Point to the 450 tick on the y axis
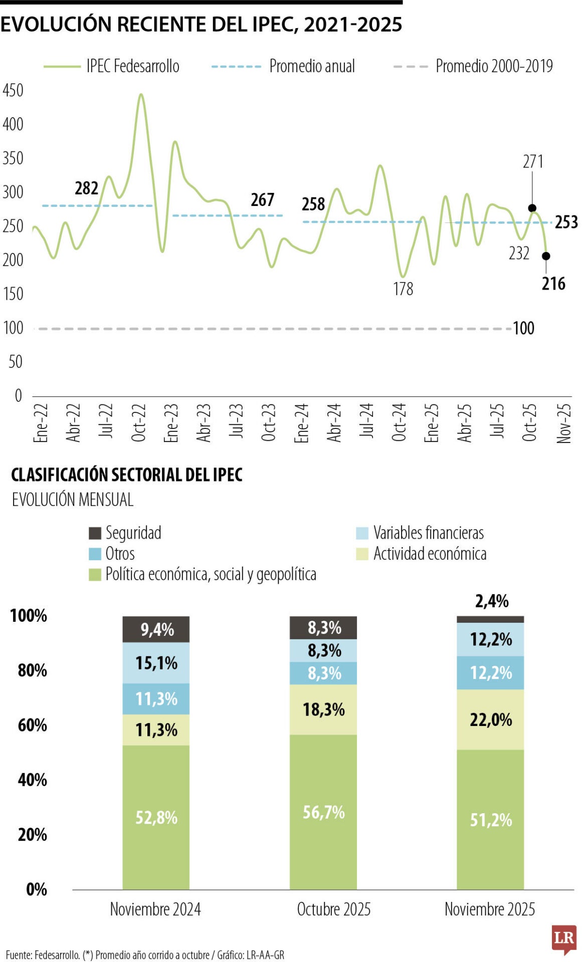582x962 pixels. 13,91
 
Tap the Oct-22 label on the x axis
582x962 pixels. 139,422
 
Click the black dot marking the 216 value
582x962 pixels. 546,256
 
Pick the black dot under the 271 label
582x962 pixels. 532,208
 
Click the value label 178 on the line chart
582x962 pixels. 403,289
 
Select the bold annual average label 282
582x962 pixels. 87,188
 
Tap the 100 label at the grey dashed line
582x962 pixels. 523,328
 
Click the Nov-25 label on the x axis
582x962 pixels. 563,423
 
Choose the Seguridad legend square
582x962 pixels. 95,533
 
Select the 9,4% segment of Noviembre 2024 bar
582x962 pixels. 156,629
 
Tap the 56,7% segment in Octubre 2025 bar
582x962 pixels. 323,812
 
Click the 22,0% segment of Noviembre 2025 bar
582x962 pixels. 490,719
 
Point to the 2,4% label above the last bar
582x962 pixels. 491,601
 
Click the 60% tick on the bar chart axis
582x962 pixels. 32,725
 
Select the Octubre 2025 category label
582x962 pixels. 333,909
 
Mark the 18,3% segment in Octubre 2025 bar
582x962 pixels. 323,709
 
